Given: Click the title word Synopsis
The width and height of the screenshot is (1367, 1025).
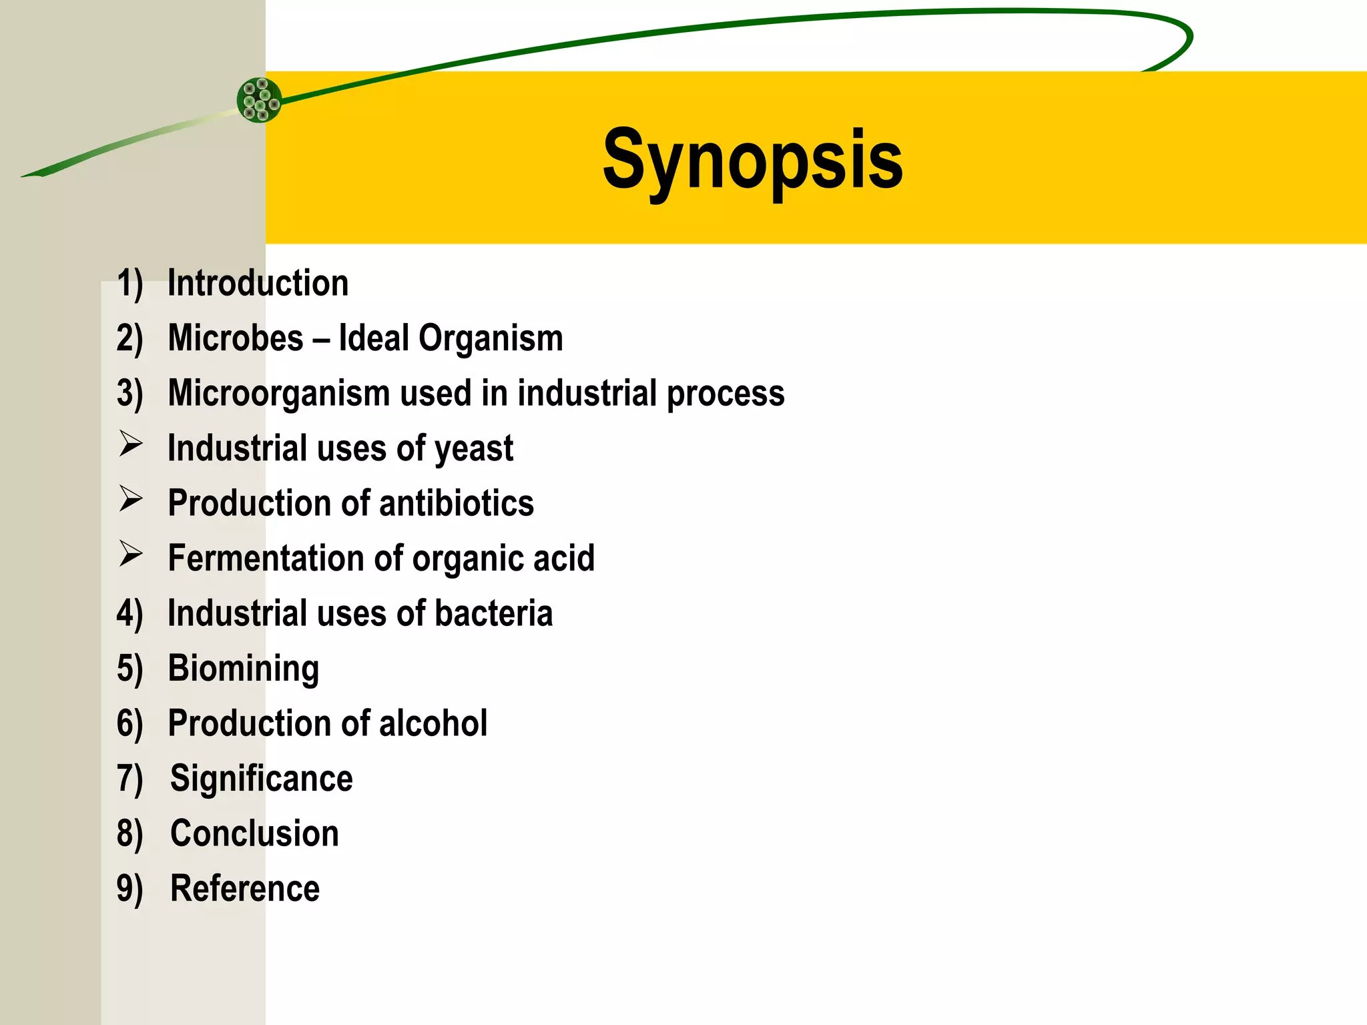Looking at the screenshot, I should pyautogui.click(x=752, y=160).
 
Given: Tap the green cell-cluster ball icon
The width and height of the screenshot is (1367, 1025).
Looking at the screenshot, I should pyautogui.click(x=260, y=100).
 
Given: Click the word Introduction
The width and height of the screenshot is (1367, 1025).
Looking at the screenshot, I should pyautogui.click(x=258, y=283).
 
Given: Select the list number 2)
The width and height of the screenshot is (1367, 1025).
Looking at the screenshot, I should pyautogui.click(x=129, y=338).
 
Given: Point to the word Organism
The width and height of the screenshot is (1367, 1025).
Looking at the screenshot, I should pyautogui.click(x=491, y=338).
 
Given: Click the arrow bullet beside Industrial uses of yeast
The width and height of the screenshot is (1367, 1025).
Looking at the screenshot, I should pyautogui.click(x=131, y=444).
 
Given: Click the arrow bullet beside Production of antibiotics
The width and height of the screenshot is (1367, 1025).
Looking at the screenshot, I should pyautogui.click(x=131, y=499).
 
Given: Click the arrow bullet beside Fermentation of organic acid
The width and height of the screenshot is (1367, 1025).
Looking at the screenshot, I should pyautogui.click(x=131, y=554).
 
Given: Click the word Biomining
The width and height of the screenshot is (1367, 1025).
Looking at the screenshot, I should pyautogui.click(x=244, y=669).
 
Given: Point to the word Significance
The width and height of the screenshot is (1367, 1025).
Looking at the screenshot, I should pyautogui.click(x=261, y=779).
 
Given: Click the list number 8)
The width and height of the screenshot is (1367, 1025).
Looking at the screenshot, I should pyautogui.click(x=129, y=834).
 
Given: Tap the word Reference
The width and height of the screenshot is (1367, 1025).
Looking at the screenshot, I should pyautogui.click(x=245, y=889).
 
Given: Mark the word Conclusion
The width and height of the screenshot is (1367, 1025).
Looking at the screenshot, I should pyautogui.click(x=254, y=833).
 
